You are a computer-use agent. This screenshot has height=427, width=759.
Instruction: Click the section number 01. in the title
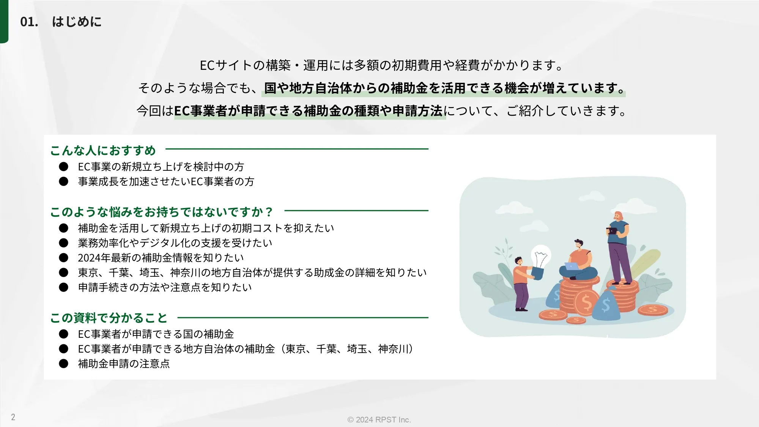(29, 22)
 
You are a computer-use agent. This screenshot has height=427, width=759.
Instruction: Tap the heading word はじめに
(77, 22)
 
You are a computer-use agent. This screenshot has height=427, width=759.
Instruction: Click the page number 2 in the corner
(13, 417)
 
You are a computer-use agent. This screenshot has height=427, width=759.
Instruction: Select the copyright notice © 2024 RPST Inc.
(379, 419)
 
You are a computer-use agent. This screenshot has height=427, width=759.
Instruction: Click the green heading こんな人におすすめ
(103, 150)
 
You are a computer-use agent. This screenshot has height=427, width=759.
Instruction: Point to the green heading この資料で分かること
(109, 318)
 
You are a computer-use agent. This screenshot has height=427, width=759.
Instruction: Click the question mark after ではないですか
(269, 212)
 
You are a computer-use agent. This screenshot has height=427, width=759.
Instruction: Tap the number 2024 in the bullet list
(89, 258)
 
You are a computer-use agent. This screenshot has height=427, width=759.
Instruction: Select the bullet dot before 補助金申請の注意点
(63, 364)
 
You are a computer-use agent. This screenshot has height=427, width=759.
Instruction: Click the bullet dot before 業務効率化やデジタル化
(63, 243)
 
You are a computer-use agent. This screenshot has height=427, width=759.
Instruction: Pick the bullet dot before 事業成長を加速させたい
(63, 181)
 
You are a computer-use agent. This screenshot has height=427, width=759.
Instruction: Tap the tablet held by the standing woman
(612, 231)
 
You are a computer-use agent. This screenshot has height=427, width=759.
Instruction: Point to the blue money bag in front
(606, 304)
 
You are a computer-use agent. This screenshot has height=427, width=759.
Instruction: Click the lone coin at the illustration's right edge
(653, 310)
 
